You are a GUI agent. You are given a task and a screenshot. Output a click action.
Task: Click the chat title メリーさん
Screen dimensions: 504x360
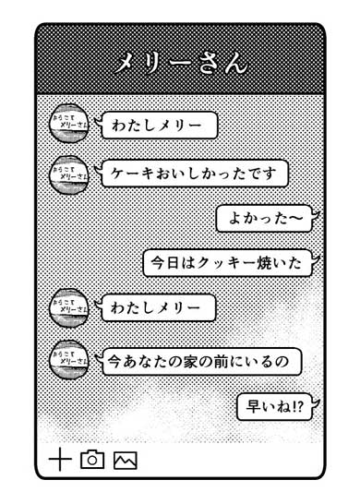point(180,63)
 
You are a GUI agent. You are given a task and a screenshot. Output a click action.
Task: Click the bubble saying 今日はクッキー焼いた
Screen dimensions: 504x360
point(226,263)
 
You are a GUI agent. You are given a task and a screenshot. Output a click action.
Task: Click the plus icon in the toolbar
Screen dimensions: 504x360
point(59,459)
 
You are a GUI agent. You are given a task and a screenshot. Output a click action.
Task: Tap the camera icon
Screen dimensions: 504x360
point(91,459)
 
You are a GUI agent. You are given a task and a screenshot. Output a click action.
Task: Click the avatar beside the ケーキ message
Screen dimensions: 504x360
point(67,174)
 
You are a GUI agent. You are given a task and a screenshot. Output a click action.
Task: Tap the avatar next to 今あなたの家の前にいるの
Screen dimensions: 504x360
point(67,358)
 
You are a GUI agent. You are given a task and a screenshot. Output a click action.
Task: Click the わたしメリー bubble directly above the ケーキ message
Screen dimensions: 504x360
point(159,125)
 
